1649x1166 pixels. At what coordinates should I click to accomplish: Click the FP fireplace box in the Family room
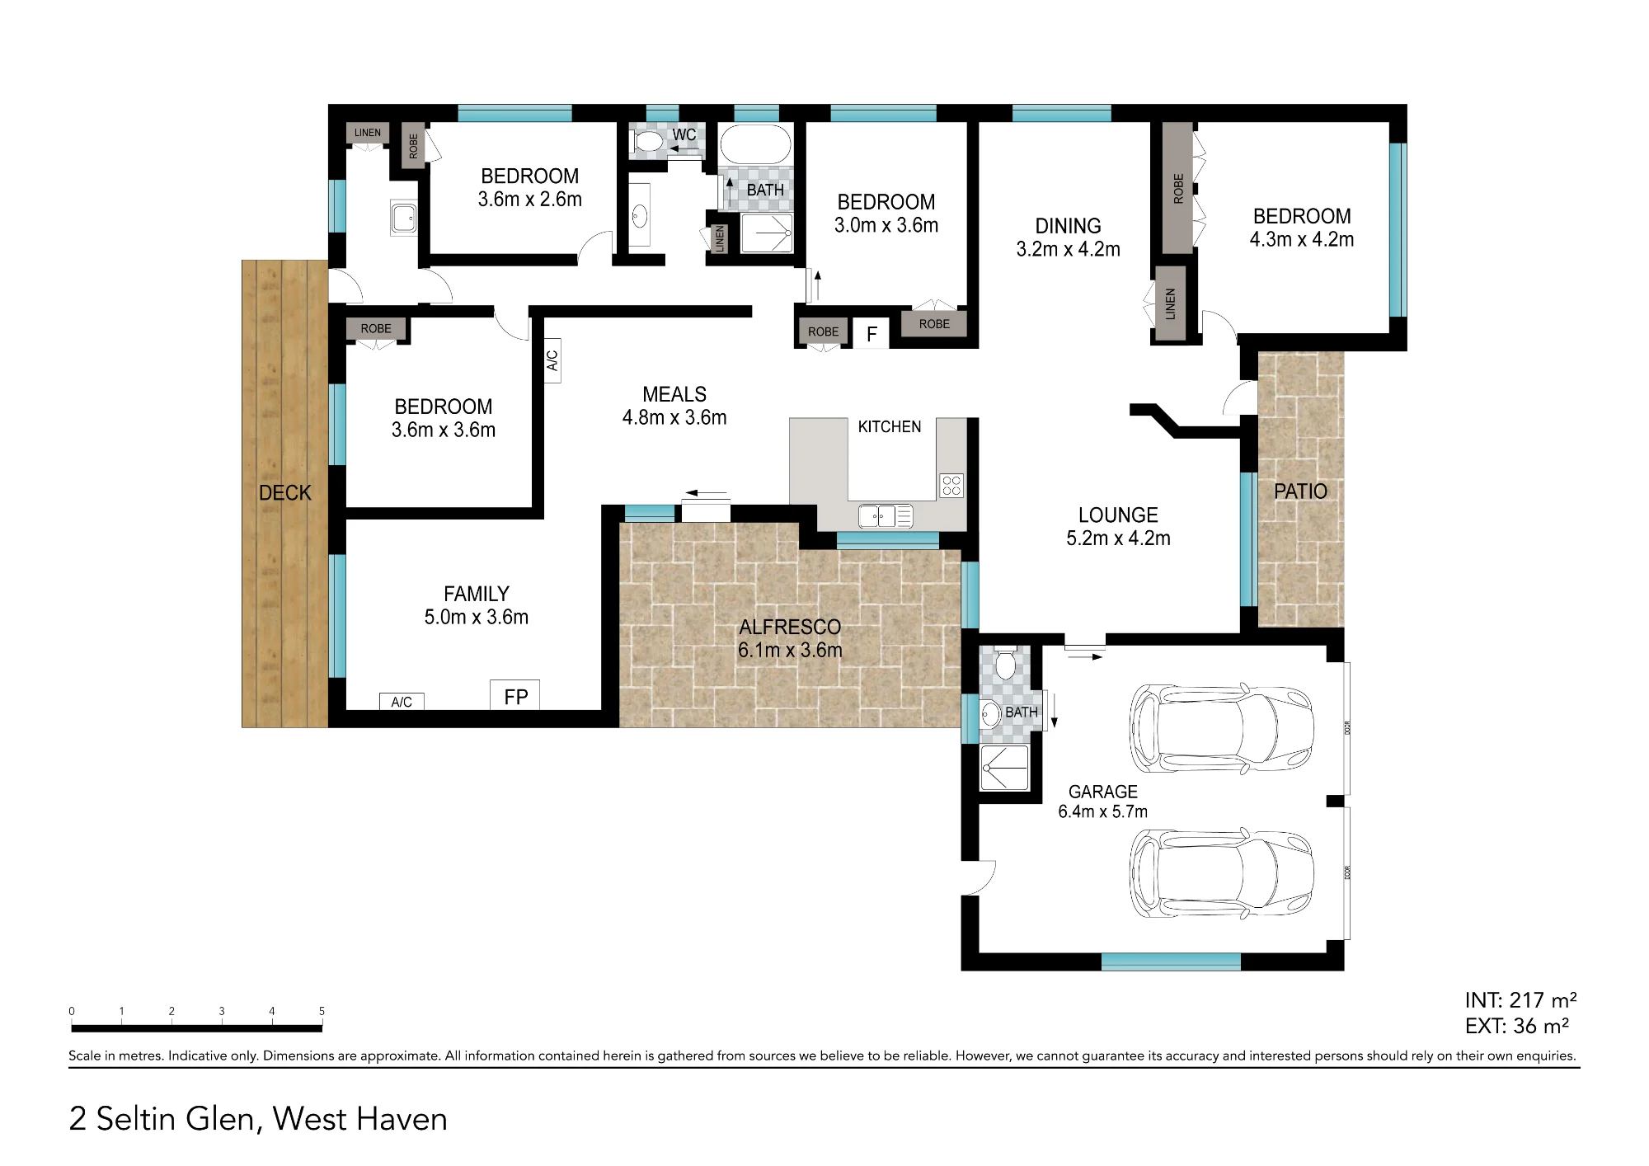(515, 695)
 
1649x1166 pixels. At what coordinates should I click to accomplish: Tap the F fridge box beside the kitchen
(871, 332)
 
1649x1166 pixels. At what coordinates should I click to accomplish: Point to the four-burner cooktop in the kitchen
(951, 485)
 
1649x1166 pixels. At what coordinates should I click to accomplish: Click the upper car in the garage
(1221, 727)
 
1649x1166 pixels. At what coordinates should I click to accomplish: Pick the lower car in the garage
(1221, 872)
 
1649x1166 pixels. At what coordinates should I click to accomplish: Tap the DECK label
(285, 493)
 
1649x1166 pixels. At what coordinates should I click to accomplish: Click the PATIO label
(1300, 491)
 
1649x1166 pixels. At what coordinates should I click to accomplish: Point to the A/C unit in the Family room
(402, 702)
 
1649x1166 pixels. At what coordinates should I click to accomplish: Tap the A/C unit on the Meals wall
(552, 360)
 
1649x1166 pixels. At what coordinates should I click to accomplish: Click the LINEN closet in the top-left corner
(368, 133)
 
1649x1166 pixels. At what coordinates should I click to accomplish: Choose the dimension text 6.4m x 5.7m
(1102, 811)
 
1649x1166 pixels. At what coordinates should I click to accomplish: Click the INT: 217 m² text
(1520, 1000)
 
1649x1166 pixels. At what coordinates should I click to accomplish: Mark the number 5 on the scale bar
(322, 1011)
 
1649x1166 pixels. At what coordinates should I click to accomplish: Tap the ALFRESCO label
(790, 628)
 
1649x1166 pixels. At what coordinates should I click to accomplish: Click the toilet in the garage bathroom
(1005, 664)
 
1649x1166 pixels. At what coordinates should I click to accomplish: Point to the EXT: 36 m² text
(1517, 1026)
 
